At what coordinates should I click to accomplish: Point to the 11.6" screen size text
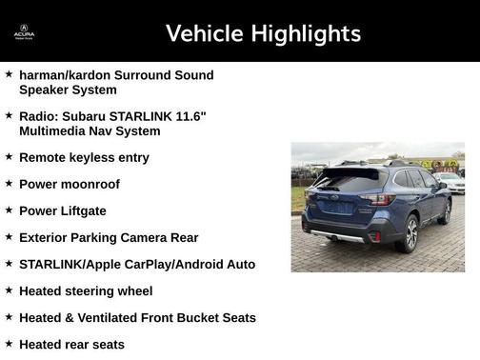(189, 115)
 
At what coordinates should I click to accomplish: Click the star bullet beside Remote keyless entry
(9, 156)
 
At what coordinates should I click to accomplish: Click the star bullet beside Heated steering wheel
(9, 290)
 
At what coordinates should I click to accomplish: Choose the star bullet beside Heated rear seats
(9, 344)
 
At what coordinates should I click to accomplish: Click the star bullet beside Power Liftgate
(9, 210)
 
